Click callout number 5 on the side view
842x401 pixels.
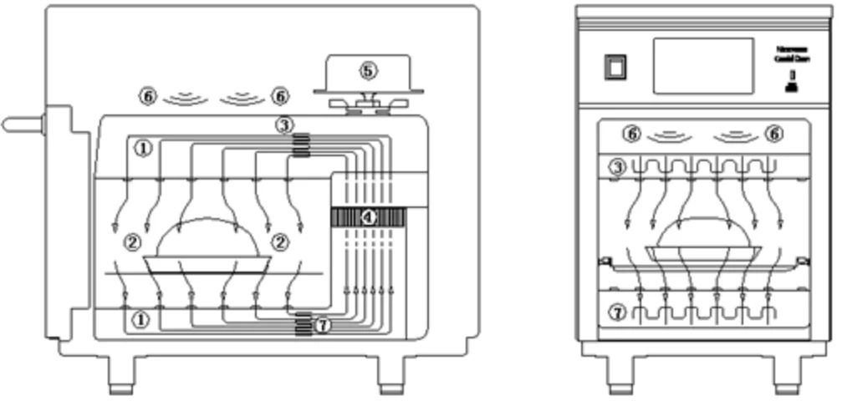tap(368, 71)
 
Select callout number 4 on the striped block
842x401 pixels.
tap(369, 216)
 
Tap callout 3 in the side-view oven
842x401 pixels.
tap(286, 125)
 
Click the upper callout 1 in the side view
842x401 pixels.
tap(144, 148)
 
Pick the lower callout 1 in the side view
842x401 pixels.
tap(144, 319)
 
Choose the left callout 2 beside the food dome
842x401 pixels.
tap(131, 243)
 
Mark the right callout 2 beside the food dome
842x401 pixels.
tap(280, 243)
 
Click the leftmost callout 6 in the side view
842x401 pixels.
tap(148, 97)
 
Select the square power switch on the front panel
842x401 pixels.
tap(615, 67)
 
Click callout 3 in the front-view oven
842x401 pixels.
tap(617, 167)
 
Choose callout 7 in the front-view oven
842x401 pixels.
tap(617, 313)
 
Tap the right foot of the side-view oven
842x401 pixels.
tap(390, 378)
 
